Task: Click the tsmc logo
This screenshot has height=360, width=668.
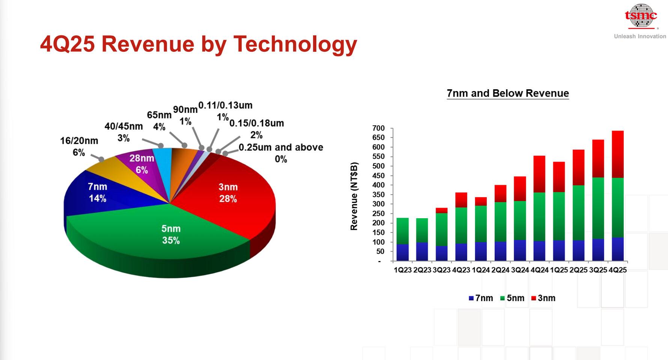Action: coord(641,16)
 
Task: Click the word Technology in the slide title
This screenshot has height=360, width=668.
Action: coord(295,44)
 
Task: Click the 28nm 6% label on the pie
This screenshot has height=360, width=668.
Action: coord(141,164)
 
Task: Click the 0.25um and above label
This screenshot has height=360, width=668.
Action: coord(281,153)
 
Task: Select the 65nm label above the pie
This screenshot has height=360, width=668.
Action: coord(159,120)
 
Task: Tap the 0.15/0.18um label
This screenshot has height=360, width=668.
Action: coord(257,129)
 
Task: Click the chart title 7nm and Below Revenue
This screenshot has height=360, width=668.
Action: coord(508,93)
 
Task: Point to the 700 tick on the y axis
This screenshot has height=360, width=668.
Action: coord(378,128)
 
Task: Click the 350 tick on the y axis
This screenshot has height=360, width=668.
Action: coord(378,195)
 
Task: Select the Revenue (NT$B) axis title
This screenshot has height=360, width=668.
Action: coord(354,196)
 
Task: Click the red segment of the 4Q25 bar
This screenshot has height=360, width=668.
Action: coord(618,154)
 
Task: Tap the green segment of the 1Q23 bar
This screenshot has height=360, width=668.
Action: coord(403,231)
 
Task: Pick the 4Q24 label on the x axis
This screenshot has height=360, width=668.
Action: coord(539,270)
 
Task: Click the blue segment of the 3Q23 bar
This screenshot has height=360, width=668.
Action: coord(442,253)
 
